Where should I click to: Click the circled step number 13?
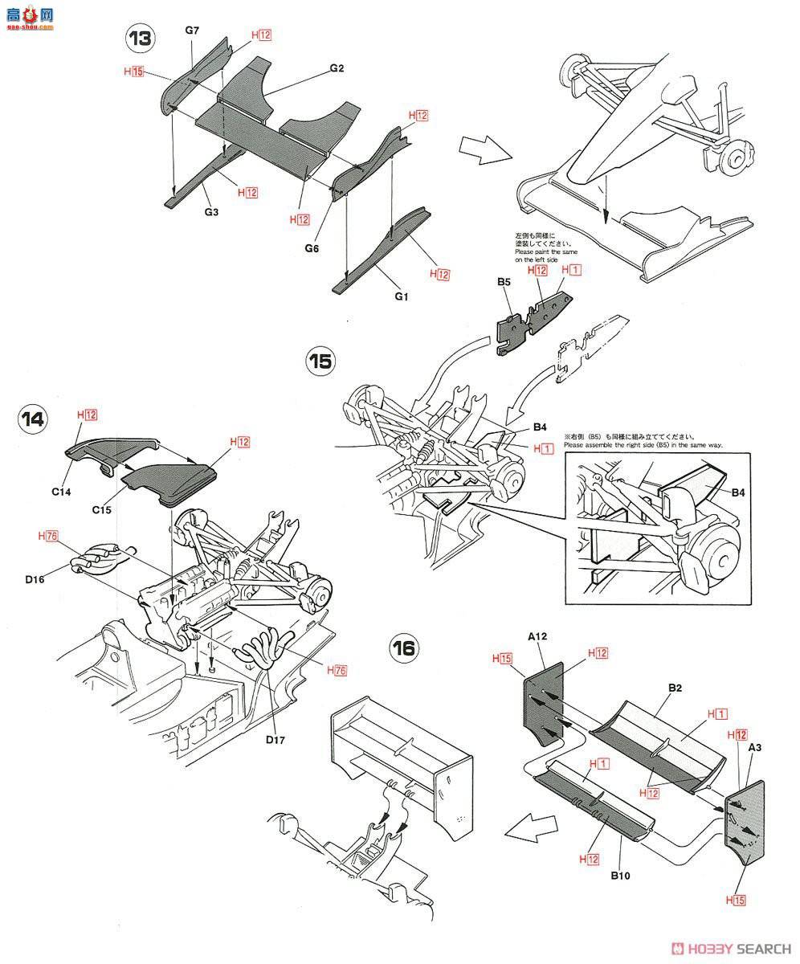141,37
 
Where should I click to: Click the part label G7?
192,31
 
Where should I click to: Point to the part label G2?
337,69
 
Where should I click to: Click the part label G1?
402,296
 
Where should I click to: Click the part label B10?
618,875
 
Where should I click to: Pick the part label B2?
676,688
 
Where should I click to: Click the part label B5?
504,281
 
